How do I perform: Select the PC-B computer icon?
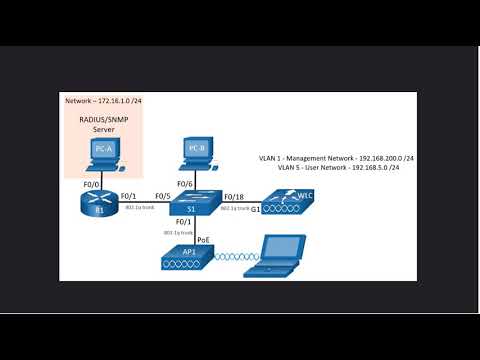coord(196,153)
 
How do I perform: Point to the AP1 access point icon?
coord(188,261)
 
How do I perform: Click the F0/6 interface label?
coord(184,183)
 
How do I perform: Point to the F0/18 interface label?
coord(233,196)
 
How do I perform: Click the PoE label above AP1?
coord(203,240)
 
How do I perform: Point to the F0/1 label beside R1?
coord(128,196)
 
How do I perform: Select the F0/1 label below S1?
coord(183,221)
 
